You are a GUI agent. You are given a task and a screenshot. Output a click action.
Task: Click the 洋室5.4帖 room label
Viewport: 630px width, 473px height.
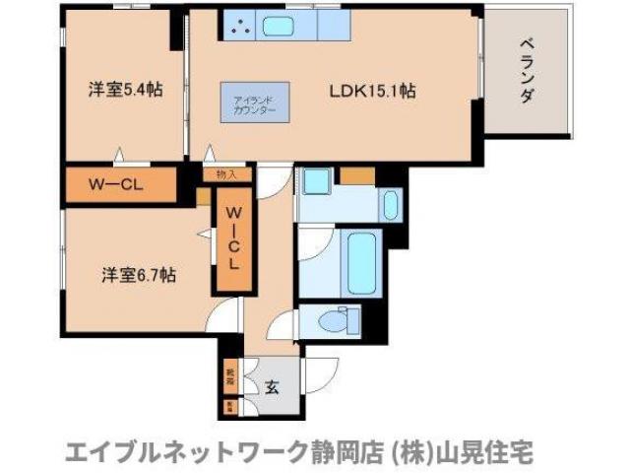tap(125, 90)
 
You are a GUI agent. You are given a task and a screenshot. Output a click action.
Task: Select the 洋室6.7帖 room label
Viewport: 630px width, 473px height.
tap(137, 276)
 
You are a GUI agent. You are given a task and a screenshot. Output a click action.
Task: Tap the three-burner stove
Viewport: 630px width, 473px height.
tap(239, 28)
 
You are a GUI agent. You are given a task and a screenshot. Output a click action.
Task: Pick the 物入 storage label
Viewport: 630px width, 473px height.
tap(226, 174)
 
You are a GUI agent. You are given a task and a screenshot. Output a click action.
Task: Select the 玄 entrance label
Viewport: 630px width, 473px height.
tap(271, 385)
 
